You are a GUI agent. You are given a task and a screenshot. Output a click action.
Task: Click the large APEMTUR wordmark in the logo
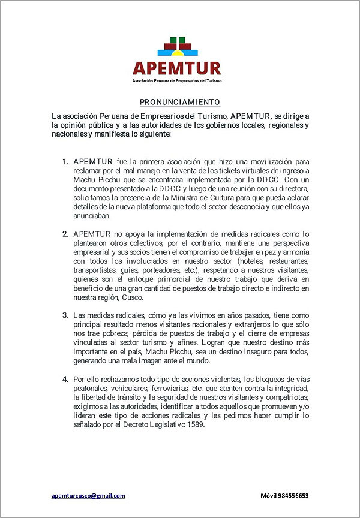click(177, 68)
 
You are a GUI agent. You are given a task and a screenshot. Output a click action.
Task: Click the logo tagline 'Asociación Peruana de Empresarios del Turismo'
click(177, 80)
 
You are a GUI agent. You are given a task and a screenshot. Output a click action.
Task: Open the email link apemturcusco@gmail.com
click(88, 496)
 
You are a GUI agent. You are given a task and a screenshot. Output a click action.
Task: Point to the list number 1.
click(65, 162)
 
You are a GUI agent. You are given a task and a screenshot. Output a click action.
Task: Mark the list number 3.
click(65, 315)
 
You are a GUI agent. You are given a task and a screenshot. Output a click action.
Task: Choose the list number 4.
click(65, 380)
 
